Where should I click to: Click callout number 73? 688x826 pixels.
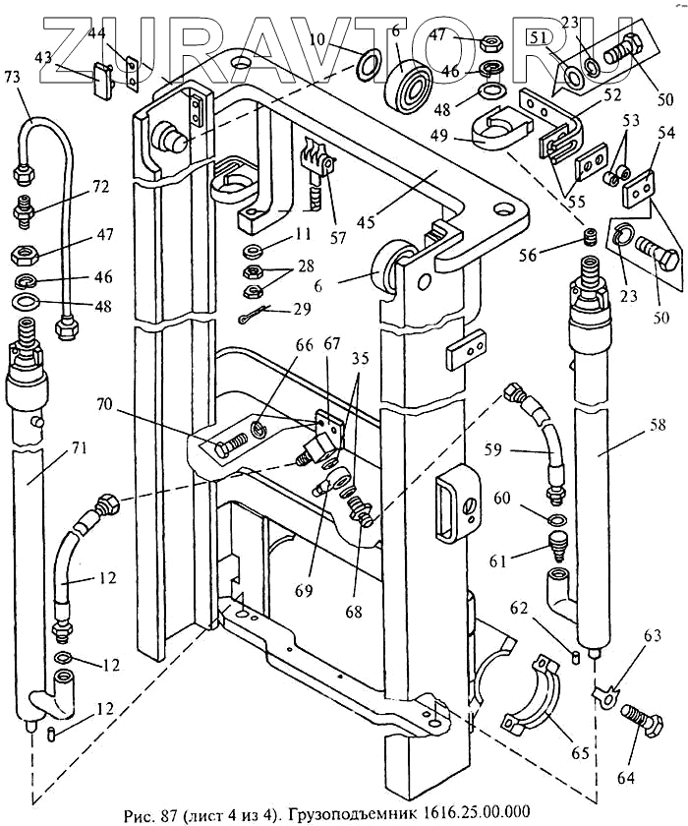coord(12,77)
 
